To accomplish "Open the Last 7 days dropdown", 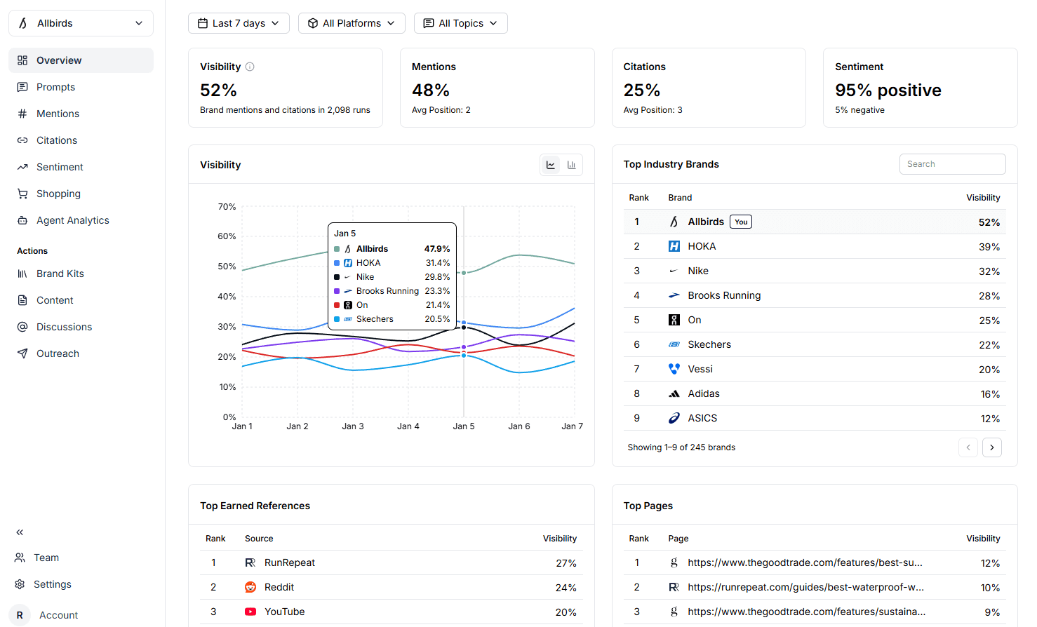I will [x=239, y=23].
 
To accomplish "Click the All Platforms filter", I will [x=352, y=23].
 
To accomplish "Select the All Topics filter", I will [x=460, y=23].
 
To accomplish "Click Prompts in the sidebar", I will [x=55, y=87].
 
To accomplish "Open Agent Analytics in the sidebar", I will [x=72, y=220].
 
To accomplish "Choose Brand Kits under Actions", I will [x=60, y=274].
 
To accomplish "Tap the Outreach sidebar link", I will [x=58, y=353].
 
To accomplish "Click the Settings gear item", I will [x=52, y=584].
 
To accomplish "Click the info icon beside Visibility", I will [x=250, y=67].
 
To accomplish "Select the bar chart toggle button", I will [x=572, y=165].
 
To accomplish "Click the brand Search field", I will [x=952, y=164].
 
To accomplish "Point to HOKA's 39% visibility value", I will [x=989, y=247].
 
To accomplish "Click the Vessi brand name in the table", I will [x=700, y=369].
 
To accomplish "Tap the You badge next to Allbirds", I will [x=741, y=222].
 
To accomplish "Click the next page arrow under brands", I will [x=991, y=447].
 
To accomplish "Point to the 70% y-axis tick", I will [x=227, y=207].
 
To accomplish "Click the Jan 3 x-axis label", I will [x=352, y=426].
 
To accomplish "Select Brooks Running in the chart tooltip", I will [x=387, y=291].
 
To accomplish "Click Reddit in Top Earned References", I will [x=279, y=587].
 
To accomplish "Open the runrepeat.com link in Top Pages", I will [x=805, y=587].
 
